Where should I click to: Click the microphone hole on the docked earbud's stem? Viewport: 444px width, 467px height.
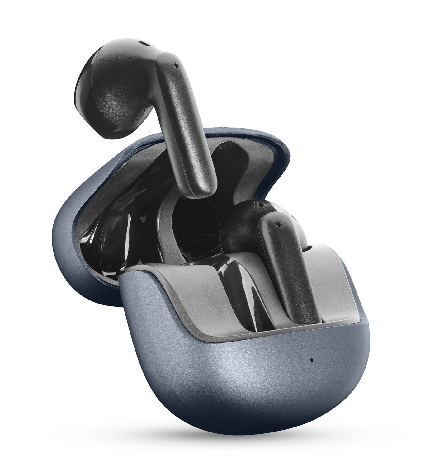[x=278, y=224]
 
